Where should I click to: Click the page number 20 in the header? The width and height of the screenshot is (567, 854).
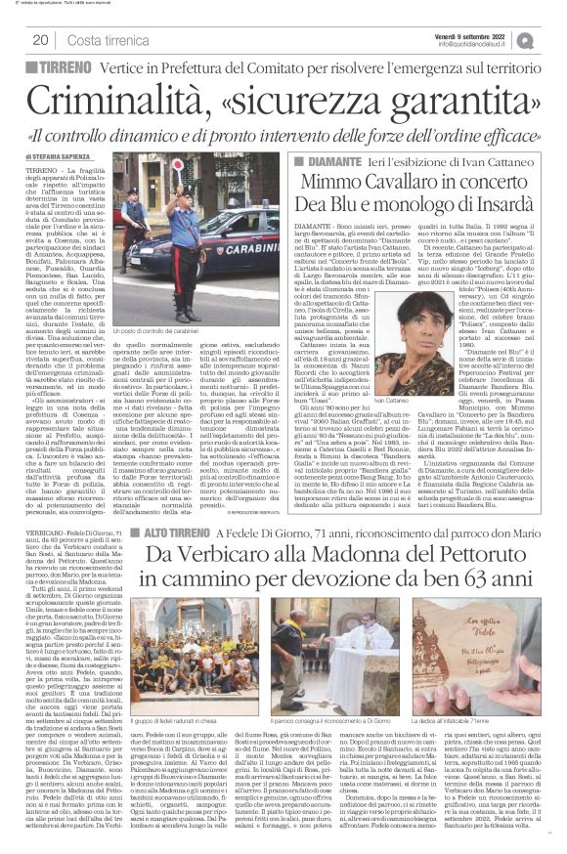pyautogui.click(x=41, y=39)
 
